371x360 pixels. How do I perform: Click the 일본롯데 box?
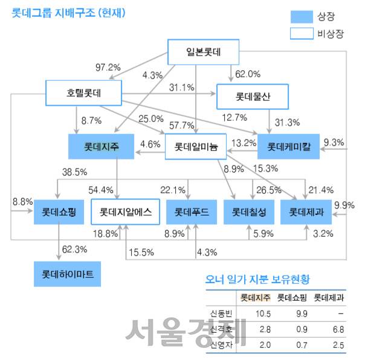tap(204, 52)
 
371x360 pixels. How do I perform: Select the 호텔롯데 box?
tap(84, 94)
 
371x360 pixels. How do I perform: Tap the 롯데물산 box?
tap(253, 95)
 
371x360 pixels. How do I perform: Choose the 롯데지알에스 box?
tap(125, 211)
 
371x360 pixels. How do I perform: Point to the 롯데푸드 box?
tap(191, 211)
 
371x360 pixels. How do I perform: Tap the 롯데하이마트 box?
tap(68, 273)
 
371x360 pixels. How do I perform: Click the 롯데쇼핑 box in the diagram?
tap(59, 211)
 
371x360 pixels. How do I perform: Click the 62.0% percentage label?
tap(247, 74)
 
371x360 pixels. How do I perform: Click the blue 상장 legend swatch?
tap(290, 17)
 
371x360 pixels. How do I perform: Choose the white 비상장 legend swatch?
tap(290, 34)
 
